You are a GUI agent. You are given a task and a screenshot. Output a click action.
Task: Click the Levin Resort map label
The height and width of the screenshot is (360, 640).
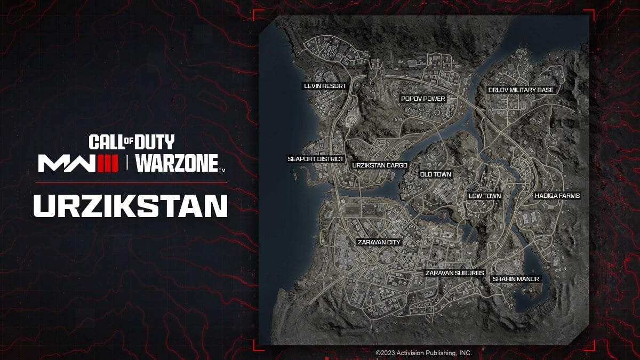coord(325,86)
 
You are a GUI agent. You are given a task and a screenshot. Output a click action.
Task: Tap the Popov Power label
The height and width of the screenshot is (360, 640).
coord(423,99)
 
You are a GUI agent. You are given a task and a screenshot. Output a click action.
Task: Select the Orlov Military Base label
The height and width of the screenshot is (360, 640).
coord(521,90)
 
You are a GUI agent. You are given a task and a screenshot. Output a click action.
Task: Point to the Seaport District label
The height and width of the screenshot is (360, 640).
coord(316,159)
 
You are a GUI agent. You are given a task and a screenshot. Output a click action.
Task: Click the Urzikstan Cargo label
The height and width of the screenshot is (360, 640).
coord(380,165)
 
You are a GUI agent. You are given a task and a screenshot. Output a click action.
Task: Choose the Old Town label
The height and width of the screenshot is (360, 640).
coord(435,174)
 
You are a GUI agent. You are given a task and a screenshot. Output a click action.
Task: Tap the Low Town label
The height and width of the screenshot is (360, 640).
coord(484,196)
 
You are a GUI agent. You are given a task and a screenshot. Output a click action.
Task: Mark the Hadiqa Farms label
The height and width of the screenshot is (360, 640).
coord(557,196)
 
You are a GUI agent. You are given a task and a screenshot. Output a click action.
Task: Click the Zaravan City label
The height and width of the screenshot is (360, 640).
coord(378,242)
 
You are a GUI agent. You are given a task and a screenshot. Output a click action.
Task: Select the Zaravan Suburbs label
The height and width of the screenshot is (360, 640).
coord(454,273)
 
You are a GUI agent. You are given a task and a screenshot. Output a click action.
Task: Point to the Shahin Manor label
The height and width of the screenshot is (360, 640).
coord(516,279)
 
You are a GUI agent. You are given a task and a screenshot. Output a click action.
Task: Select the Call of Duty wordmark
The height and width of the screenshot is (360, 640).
coord(131,142)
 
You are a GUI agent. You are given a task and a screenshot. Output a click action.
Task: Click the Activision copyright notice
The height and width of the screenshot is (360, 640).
coord(423,353)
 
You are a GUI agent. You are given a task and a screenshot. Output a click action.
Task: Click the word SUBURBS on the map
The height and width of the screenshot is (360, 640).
coord(469,273)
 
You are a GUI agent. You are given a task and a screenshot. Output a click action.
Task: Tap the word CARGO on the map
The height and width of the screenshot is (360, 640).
coord(396,165)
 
